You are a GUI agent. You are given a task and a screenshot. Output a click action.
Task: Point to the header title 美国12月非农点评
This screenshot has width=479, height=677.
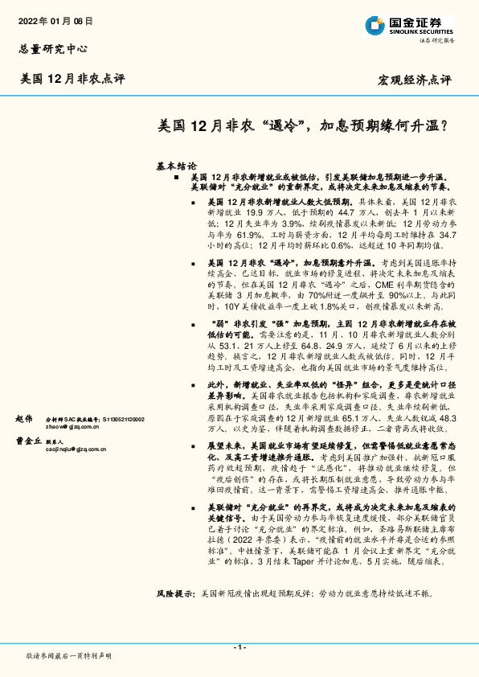[x=72, y=79]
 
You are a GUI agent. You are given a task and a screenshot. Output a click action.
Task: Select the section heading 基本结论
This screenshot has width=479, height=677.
[x=176, y=165]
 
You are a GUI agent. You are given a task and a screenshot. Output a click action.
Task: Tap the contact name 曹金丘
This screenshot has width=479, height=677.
[x=27, y=441]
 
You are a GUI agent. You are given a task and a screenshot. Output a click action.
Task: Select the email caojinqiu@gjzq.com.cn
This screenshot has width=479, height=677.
[x=77, y=450]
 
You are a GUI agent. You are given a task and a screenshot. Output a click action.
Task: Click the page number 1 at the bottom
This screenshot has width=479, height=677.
[x=239, y=648]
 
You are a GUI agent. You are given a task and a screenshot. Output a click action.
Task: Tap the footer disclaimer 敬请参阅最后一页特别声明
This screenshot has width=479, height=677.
[x=69, y=655]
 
